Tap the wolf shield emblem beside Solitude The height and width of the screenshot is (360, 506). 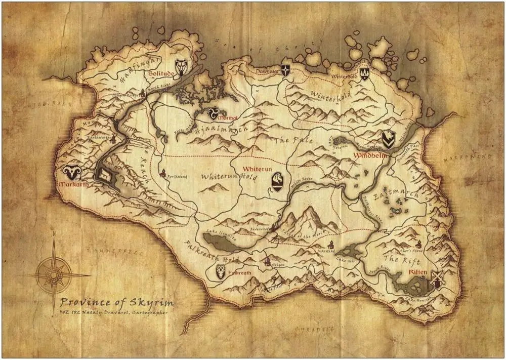point(181,66)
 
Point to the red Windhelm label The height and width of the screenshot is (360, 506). point(370,155)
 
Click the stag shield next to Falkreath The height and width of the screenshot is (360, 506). point(221,271)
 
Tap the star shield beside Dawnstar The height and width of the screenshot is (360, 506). point(286,69)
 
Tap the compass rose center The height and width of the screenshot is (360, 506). point(53,274)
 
